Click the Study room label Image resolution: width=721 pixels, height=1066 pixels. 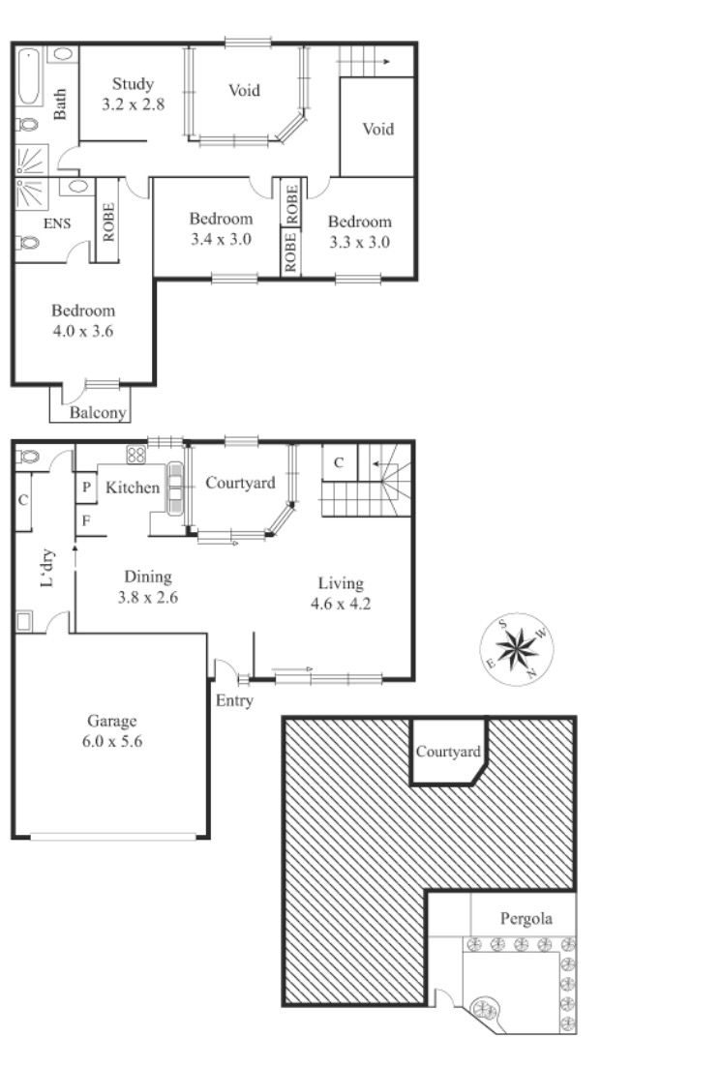point(133,83)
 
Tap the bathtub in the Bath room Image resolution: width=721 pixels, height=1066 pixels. point(29,76)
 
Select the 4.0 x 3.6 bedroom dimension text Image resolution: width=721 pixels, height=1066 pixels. point(83,332)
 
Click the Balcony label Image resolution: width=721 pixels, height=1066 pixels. point(98,413)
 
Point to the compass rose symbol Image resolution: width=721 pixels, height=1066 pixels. point(517,649)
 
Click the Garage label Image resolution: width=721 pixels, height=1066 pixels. point(112,721)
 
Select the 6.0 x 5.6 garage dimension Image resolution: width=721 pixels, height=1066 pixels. point(112,742)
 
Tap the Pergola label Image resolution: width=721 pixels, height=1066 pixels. point(526,919)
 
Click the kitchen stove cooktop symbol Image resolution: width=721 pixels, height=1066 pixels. point(136,454)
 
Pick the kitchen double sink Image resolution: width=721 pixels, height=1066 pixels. point(175,488)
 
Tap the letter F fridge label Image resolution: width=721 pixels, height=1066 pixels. point(86,520)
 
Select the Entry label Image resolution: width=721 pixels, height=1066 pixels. point(234,701)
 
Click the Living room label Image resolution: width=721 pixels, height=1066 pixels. point(341,583)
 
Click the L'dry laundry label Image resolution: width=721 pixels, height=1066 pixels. point(46,568)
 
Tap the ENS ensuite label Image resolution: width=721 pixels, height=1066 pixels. point(57,223)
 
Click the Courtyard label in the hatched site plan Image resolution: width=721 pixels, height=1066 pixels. point(448,752)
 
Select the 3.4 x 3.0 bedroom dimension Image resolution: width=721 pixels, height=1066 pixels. point(221,239)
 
